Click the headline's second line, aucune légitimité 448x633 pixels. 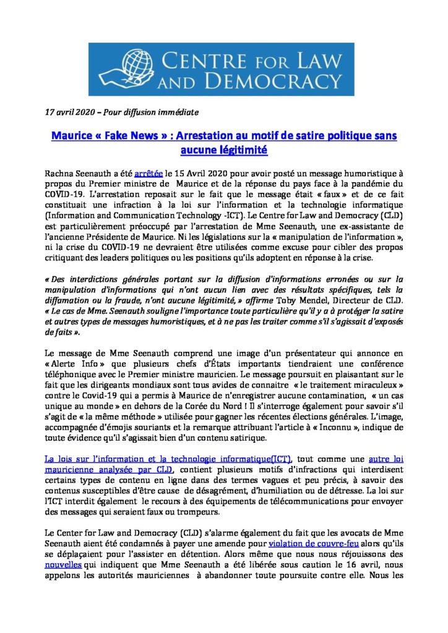[x=223, y=149]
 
